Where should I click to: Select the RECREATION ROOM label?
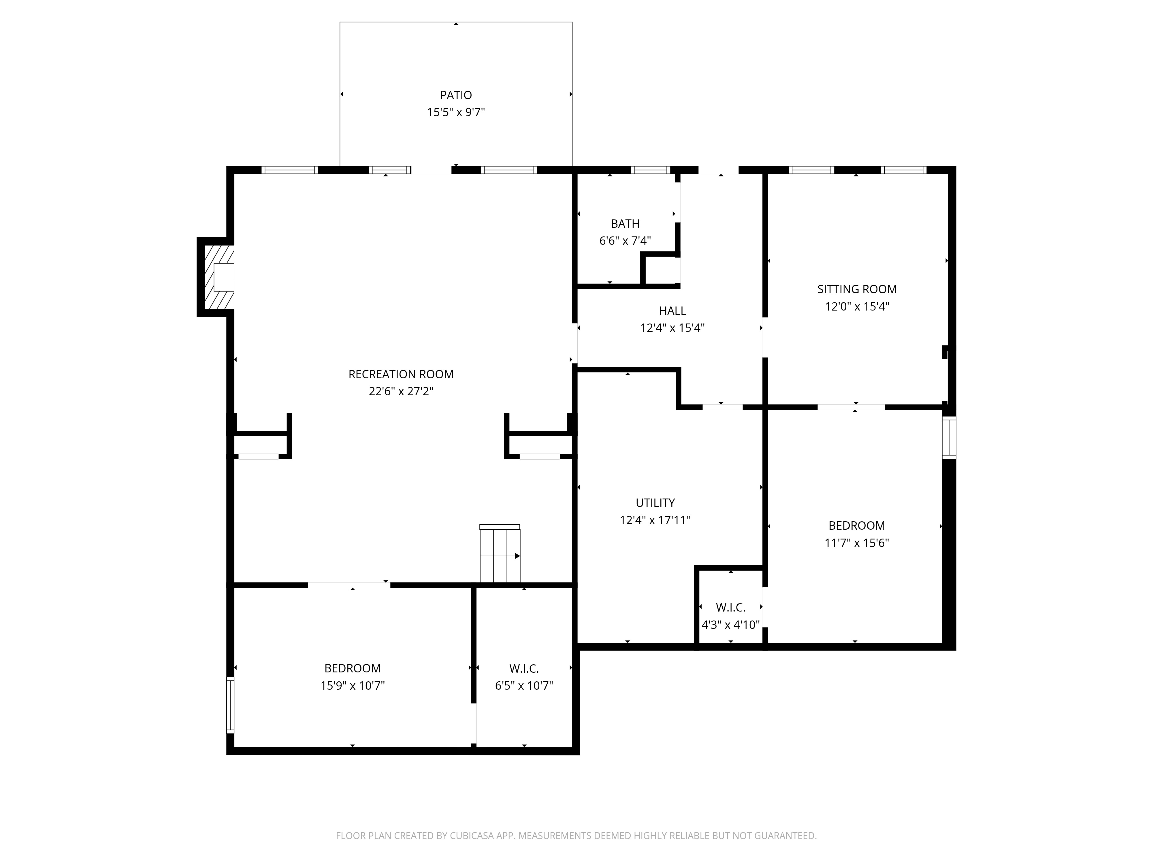pos(401,374)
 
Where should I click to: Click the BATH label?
pos(625,224)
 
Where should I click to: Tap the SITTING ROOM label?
pos(856,289)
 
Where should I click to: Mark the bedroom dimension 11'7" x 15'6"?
pos(856,543)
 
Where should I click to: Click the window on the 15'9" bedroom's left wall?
pos(230,705)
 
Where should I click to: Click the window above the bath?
pos(650,170)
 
